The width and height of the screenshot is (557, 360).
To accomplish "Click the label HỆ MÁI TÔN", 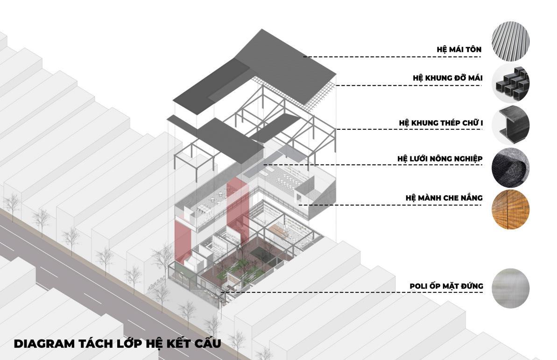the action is pyautogui.click(x=459, y=49).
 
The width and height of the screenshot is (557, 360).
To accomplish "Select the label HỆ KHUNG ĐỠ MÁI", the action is pyautogui.click(x=447, y=78).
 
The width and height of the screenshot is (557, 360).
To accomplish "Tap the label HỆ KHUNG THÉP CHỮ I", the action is pyautogui.click(x=440, y=123).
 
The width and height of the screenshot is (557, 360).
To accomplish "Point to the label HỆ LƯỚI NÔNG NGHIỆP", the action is pyautogui.click(x=440, y=159).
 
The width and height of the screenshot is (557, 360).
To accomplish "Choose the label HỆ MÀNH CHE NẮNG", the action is pyautogui.click(x=444, y=198).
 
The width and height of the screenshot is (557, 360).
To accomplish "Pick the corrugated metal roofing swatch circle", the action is pyautogui.click(x=510, y=42).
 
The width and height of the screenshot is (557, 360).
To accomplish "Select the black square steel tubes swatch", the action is pyautogui.click(x=510, y=83).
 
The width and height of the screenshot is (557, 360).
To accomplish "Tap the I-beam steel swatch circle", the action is pyautogui.click(x=510, y=124).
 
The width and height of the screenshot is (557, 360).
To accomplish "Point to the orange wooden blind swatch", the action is pyautogui.click(x=510, y=209).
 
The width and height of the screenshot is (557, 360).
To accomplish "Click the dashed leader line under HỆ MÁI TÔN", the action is pyautogui.click(x=392, y=57).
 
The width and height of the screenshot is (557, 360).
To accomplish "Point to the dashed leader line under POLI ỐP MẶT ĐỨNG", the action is pyautogui.click(x=350, y=293).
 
